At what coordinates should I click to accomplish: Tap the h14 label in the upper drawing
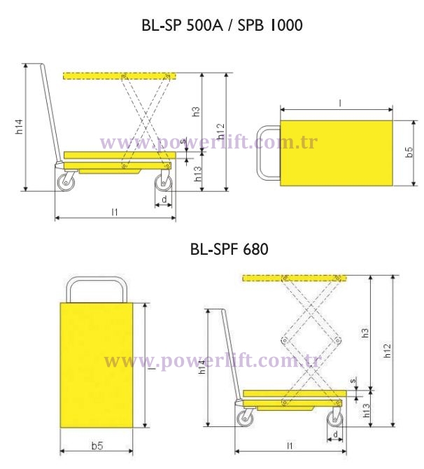click(21, 127)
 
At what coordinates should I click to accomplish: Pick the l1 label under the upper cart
click(115, 211)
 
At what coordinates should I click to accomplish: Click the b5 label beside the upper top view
click(409, 153)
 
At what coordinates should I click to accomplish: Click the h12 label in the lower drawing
click(388, 350)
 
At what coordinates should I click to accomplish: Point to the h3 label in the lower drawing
click(365, 332)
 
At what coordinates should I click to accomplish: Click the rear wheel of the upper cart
click(65, 181)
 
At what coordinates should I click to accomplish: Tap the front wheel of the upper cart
click(164, 181)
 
